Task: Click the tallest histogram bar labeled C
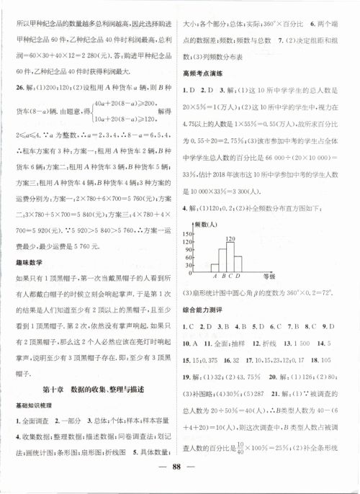pos(231,255)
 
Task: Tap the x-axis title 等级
pos(269,275)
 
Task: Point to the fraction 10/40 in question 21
pos(240,436)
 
